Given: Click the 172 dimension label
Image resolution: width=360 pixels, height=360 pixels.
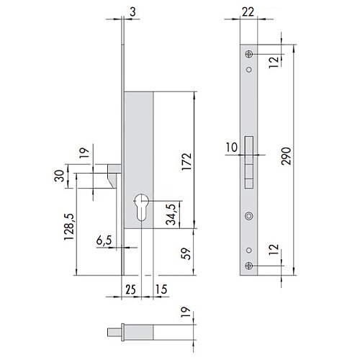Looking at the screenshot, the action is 186,161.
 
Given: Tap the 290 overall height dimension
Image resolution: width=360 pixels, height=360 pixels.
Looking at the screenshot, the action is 286,156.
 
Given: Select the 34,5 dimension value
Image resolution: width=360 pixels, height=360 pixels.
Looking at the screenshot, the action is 171,215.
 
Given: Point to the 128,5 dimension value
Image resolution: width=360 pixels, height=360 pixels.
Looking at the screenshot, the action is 69,227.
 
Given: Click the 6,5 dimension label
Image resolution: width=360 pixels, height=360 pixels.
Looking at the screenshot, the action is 104,240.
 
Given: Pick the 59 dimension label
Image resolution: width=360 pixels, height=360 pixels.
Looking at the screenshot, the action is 186,253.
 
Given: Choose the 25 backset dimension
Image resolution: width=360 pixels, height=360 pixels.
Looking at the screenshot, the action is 130,289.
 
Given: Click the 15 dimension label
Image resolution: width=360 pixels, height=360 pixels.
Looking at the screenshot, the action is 161,289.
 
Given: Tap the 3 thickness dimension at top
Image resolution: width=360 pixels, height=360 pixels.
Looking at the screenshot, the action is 132,12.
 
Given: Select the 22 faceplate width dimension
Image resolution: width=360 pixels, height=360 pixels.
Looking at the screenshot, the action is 248,12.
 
